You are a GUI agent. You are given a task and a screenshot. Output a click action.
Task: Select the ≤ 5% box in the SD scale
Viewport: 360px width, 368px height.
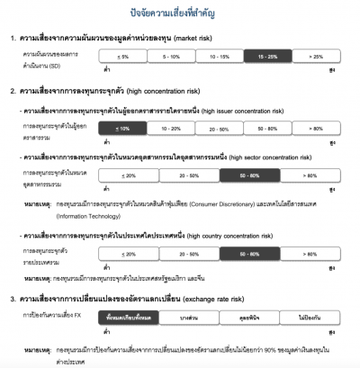pos(124,56)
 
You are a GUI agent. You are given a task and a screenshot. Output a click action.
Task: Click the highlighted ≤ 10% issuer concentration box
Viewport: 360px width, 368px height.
pos(124,130)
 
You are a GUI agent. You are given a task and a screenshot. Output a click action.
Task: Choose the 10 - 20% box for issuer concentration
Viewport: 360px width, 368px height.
pos(172,130)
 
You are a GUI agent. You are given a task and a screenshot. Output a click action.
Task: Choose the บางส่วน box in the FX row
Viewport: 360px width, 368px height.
pos(189,319)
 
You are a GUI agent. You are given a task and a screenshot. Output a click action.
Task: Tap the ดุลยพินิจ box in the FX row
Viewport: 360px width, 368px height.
pos(248,319)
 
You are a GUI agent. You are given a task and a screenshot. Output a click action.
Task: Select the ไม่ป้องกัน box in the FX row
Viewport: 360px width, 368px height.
pos(309,319)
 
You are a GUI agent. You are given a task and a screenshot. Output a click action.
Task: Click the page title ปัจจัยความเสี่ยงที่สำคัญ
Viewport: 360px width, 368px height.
pos(179,14)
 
